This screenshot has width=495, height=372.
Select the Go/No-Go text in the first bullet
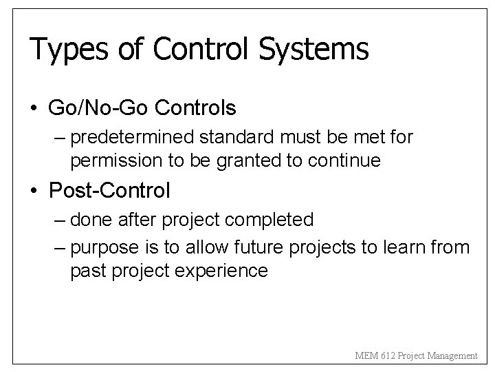point(100,108)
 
